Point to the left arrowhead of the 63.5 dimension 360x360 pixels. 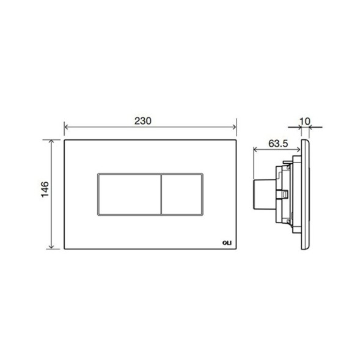254,152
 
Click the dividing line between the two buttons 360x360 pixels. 161,194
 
